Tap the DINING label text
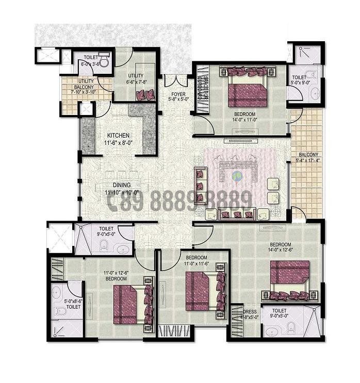(122, 185)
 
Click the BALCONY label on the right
(308, 154)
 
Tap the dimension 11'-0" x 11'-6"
(197, 263)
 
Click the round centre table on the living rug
(237, 176)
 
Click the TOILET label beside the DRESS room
(279, 311)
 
